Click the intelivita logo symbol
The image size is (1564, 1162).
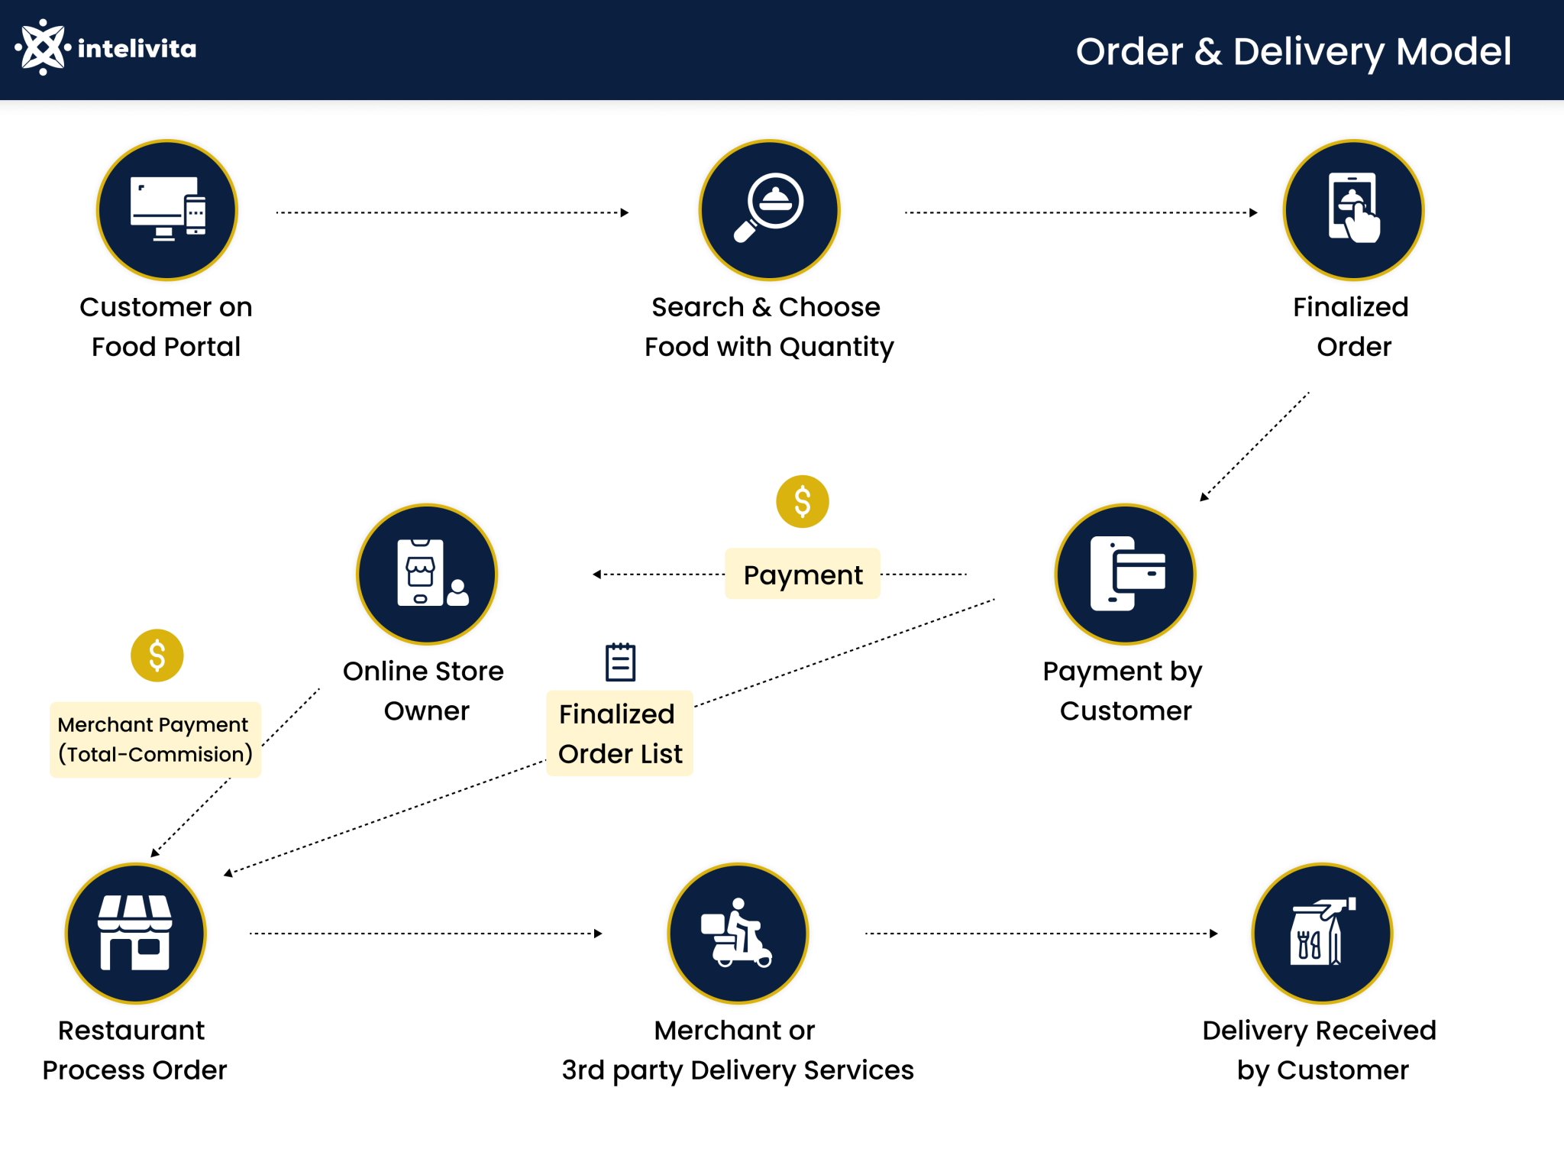pyautogui.click(x=43, y=48)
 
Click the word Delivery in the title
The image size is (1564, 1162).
pyautogui.click(x=1308, y=52)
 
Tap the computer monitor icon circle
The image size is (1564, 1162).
pyautogui.click(x=167, y=210)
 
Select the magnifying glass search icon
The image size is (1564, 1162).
pyautogui.click(x=769, y=210)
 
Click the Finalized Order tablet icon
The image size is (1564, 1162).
pyautogui.click(x=1353, y=210)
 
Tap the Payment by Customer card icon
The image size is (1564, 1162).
pyautogui.click(x=1125, y=574)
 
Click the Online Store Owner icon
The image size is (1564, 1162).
pyautogui.click(x=427, y=574)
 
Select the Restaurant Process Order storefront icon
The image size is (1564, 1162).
pyautogui.click(x=135, y=933)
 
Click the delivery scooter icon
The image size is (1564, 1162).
pyautogui.click(x=738, y=933)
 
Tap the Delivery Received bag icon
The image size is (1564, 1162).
pyautogui.click(x=1322, y=933)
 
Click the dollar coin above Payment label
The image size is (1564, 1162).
pyautogui.click(x=803, y=502)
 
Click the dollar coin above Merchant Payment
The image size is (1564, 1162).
pyautogui.click(x=157, y=655)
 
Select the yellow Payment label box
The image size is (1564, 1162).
pyautogui.click(x=803, y=575)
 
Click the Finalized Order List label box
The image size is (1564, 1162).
pyautogui.click(x=619, y=733)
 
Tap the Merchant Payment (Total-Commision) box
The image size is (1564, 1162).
pyautogui.click(x=155, y=740)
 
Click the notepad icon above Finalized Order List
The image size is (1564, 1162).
pyautogui.click(x=620, y=662)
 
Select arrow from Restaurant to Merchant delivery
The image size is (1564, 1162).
pyautogui.click(x=425, y=933)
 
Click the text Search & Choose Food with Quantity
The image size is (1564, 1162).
pyautogui.click(x=768, y=327)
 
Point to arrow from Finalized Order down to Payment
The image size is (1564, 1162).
pyautogui.click(x=1255, y=447)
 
